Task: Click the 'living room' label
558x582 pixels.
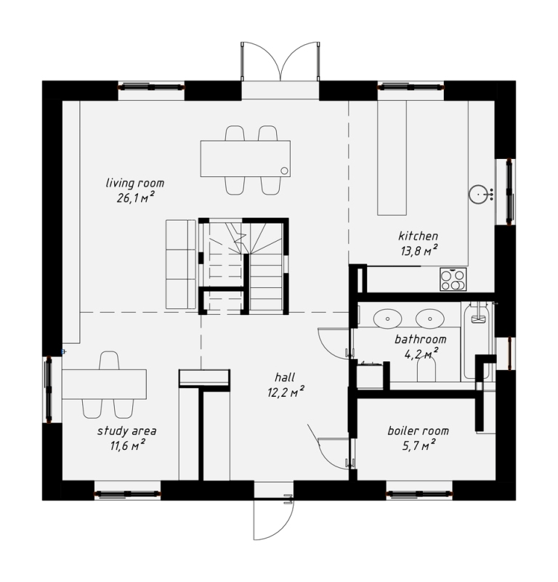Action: (x=135, y=183)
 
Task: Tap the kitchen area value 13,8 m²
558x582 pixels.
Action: (x=418, y=251)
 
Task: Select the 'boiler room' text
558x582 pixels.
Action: (x=418, y=431)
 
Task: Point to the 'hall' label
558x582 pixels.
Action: (x=285, y=377)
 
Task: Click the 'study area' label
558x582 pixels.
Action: (x=126, y=431)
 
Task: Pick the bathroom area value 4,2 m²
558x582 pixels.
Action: (x=421, y=354)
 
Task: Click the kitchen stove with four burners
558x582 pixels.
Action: (x=453, y=279)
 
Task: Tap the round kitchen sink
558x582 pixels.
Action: (x=478, y=194)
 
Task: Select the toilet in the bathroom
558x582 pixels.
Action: (x=426, y=370)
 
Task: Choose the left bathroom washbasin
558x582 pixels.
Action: (x=387, y=319)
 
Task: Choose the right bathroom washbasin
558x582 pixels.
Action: (x=430, y=319)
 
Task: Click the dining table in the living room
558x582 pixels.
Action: (x=245, y=158)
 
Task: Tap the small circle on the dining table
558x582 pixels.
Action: (x=284, y=171)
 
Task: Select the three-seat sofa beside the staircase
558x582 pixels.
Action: (x=181, y=264)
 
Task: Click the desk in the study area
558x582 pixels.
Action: (x=104, y=384)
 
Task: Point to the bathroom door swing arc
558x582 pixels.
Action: (x=327, y=347)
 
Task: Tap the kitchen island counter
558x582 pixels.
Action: (x=392, y=157)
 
